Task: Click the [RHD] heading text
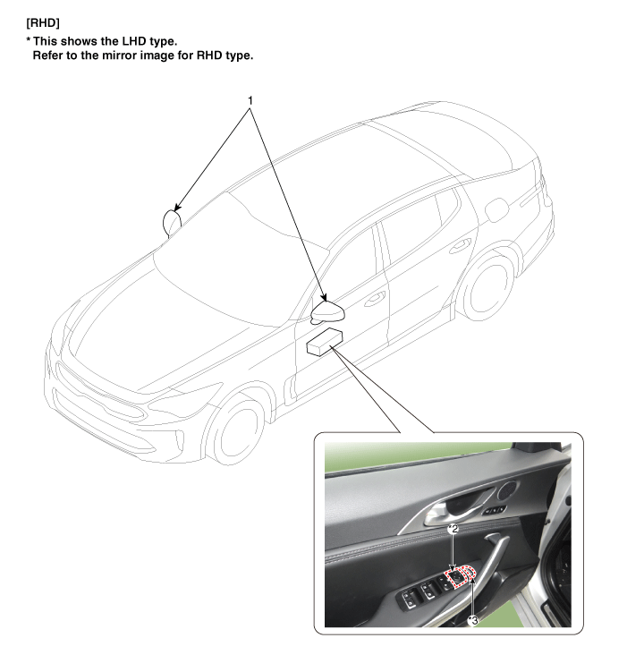click(x=43, y=23)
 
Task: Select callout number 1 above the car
click(x=250, y=101)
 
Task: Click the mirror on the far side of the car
click(x=171, y=221)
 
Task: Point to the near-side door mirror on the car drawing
click(x=327, y=311)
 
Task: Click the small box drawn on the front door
click(x=326, y=341)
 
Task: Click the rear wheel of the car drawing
click(x=487, y=283)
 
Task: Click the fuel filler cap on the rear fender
click(x=496, y=208)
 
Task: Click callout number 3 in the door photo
click(x=472, y=621)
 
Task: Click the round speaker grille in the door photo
click(x=508, y=490)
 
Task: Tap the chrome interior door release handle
click(x=455, y=507)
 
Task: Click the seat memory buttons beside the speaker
click(x=495, y=510)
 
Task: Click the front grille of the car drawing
click(x=98, y=390)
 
